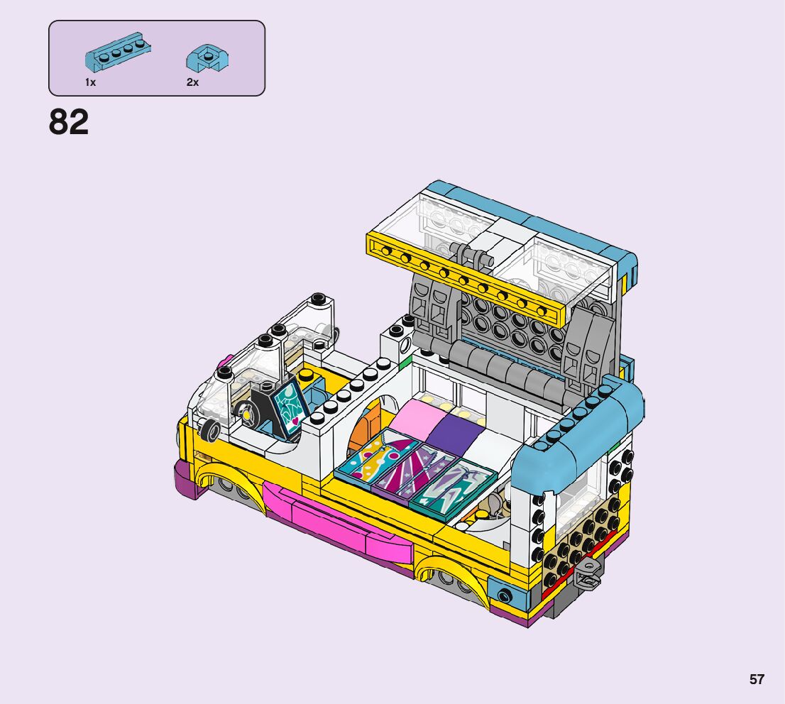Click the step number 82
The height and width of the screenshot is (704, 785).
69,121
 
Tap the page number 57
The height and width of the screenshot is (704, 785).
757,679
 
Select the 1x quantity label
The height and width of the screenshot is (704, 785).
90,82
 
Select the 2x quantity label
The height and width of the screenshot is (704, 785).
193,82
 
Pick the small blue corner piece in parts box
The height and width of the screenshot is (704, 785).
207,58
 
